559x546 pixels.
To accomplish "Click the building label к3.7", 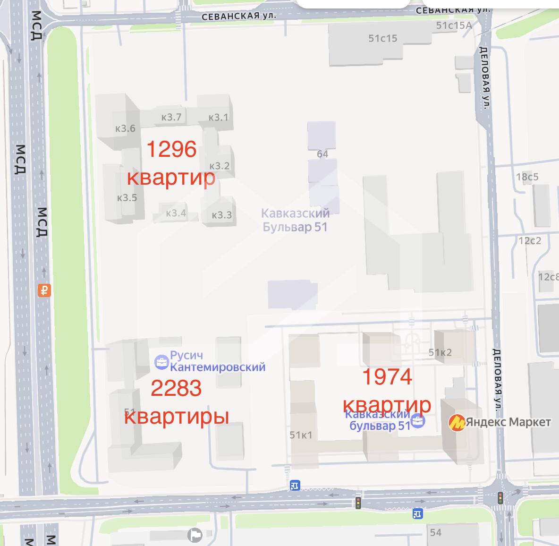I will pos(171,117).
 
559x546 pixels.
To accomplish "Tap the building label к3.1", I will pos(218,117).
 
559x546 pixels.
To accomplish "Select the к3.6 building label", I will pos(125,128).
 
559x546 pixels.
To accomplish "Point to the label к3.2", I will pos(219,165).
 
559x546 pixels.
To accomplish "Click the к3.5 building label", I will pos(127,197).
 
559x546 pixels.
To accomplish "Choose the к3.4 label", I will pos(176,213).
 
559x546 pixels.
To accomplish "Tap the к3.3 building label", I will pos(221,215).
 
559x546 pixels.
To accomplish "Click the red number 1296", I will pos(171,149).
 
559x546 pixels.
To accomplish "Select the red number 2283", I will pos(176,388).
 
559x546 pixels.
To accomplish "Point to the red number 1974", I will pos(387,376).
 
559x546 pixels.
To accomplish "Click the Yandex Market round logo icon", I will pos(457,422).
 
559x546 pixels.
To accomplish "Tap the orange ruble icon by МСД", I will pos(44,290).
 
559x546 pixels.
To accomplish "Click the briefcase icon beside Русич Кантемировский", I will pos(161,362).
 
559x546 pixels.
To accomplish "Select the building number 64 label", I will pos(322,154).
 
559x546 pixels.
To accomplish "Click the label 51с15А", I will pos(454,26).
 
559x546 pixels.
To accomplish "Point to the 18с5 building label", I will pos(527,177).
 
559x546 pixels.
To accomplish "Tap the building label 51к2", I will pos(440,352).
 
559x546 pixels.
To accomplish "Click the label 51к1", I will pos(301,435).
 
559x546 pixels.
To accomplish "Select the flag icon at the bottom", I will pos(194,535).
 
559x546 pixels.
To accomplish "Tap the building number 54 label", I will pos(435,533).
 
